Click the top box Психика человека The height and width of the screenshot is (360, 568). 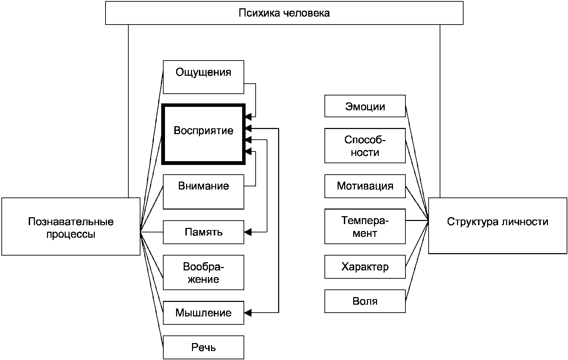point(284,13)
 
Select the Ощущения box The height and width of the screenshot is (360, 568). point(203,77)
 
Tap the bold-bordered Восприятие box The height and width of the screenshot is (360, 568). point(203,134)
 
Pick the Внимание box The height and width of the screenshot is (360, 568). point(203,192)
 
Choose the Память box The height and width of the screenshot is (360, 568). point(203,232)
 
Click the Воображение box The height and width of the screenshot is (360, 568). point(203,273)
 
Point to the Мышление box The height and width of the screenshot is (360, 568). point(203,313)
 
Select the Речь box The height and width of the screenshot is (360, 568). point(203,347)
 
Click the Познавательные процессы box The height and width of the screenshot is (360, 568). point(71,227)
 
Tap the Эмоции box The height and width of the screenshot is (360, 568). point(365,106)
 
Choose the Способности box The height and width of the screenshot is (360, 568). point(365,146)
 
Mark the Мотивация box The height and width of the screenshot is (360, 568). point(365,186)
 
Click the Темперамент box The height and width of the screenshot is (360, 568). point(365,227)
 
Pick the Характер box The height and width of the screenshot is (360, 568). point(365,267)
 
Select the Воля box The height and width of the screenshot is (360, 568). point(365,301)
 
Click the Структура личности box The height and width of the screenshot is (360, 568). point(498,225)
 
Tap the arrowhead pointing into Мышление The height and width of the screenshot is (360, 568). point(248,313)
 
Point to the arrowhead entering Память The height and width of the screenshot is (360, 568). point(248,232)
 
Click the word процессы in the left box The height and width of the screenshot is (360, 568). point(71,234)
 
